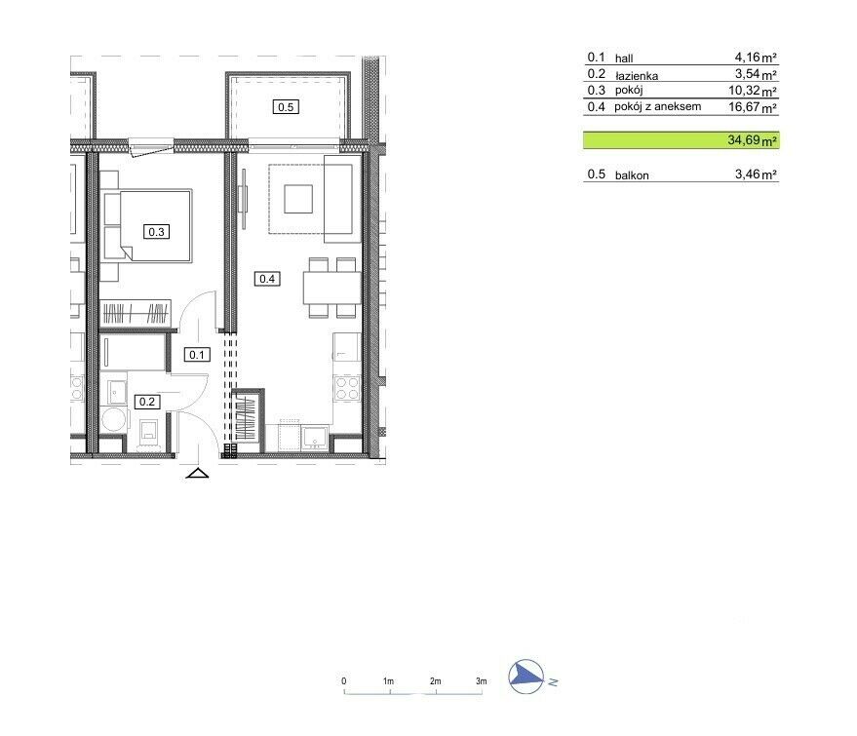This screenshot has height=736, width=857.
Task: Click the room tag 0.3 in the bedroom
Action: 156,232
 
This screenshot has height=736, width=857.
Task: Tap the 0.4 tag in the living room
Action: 267,279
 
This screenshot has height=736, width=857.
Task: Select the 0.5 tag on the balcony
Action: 286,107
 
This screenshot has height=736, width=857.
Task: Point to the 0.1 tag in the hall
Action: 197,355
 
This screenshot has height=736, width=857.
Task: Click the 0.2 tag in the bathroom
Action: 147,402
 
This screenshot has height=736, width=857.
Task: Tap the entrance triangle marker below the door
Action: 197,473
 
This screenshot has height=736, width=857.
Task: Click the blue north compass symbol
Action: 526,677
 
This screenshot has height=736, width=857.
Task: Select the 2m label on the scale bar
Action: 435,680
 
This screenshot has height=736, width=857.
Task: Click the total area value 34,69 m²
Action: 752,139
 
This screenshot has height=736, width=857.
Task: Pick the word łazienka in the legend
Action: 637,76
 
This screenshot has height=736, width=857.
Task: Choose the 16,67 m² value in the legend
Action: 753,107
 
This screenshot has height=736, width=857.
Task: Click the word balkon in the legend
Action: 632,175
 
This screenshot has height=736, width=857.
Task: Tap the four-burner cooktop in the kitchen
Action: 347,388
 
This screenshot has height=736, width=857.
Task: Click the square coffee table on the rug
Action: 298,199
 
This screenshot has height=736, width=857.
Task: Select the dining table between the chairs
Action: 332,288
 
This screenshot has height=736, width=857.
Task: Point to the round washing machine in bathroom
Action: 114,419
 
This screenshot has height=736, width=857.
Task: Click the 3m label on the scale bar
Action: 481,680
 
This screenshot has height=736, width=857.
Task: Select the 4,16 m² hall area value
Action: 756,57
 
